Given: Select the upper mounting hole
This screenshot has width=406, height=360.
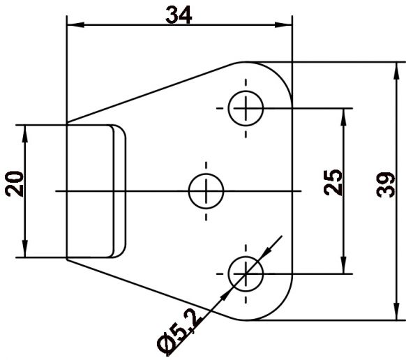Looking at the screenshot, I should point(246,108).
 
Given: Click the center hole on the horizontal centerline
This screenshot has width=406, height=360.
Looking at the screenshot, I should point(206,190).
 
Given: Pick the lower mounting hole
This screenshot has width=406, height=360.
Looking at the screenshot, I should point(246,271).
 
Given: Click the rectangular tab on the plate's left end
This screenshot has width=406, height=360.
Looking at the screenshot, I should point(91,190).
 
